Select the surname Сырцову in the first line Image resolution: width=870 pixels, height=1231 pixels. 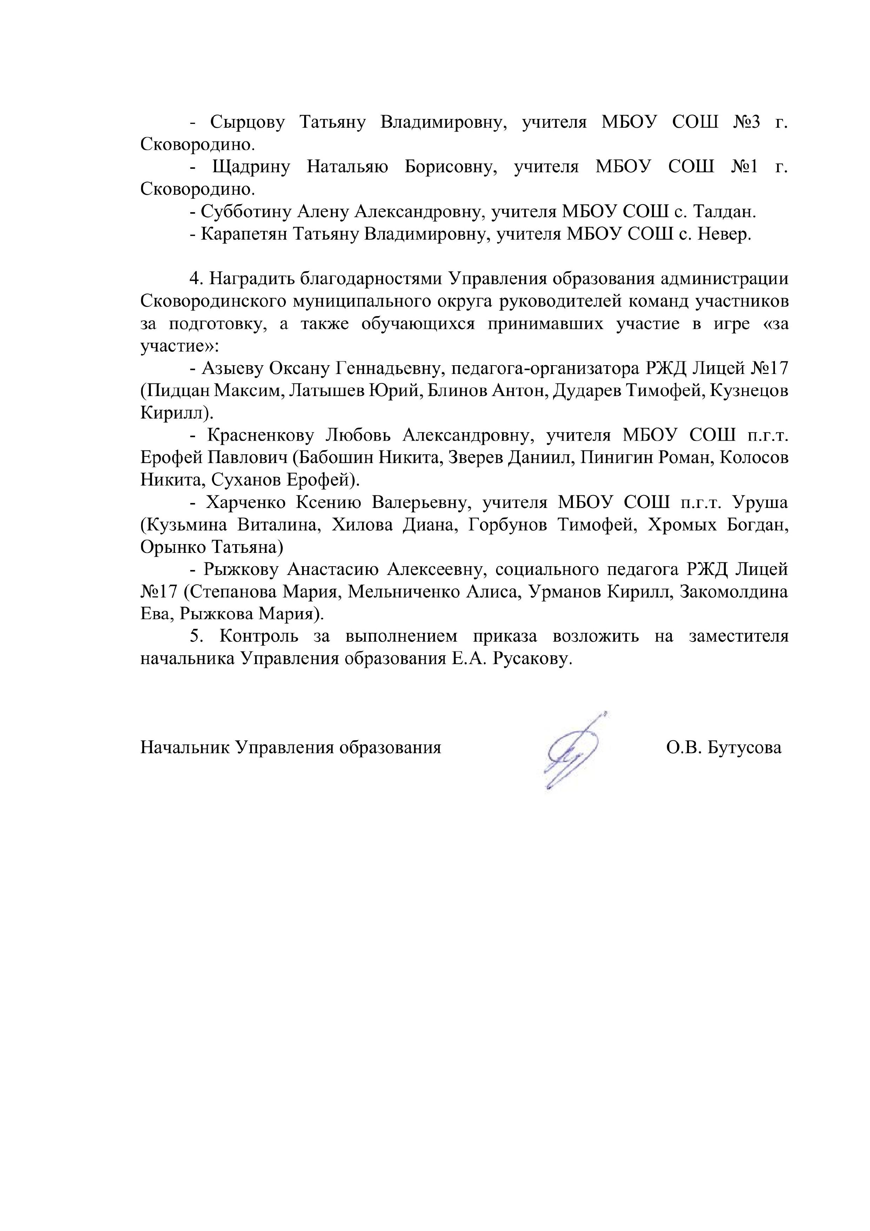point(247,123)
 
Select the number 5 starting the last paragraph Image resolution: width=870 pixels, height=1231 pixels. point(195,636)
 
